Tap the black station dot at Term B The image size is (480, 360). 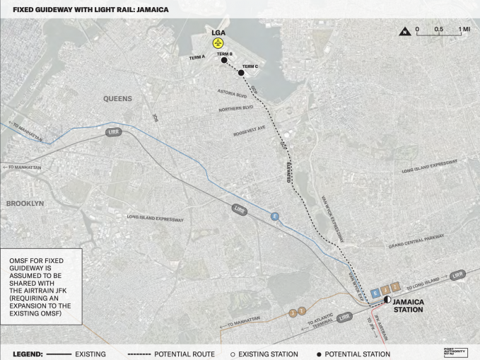pos(224,61)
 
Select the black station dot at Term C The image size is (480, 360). pos(241,72)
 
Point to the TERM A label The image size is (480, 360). pos(197,57)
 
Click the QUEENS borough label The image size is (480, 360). pos(117,99)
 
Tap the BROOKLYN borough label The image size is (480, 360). pos(25,203)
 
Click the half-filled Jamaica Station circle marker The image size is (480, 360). pos(387,300)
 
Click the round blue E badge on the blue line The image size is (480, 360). pos(275,216)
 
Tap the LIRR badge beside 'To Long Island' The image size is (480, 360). pos(457,274)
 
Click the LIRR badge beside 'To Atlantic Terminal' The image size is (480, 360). pos(344,318)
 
